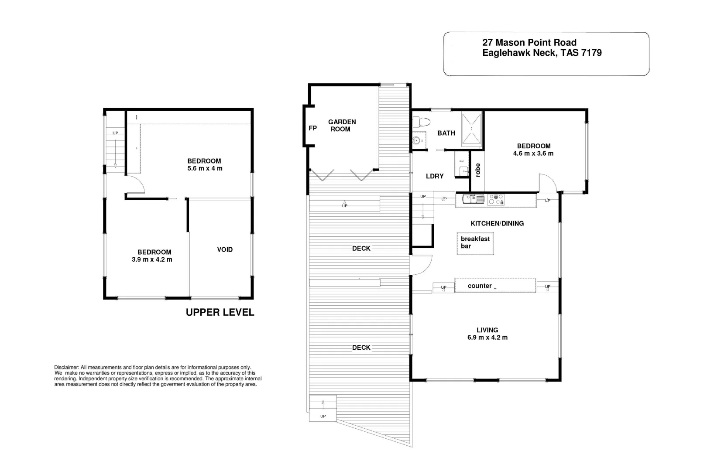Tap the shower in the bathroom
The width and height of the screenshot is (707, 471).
[472, 128]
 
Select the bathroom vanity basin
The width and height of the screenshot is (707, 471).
[417, 140]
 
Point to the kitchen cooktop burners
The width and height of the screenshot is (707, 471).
[496, 199]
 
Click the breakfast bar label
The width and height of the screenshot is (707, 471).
[475, 242]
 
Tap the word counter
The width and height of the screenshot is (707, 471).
[480, 286]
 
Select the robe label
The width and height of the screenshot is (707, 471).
[477, 170]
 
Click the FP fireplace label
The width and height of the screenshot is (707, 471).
[312, 128]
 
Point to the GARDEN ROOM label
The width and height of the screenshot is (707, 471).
[342, 126]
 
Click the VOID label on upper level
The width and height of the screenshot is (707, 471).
[225, 249]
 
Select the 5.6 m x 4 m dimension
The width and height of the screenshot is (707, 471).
[204, 168]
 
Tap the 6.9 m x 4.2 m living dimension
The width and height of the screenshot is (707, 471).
[487, 338]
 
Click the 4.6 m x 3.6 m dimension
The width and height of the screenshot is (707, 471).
[533, 154]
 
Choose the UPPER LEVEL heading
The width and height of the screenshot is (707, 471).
[220, 312]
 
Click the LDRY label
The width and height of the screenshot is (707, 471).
[434, 176]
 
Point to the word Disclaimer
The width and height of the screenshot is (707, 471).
[66, 368]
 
